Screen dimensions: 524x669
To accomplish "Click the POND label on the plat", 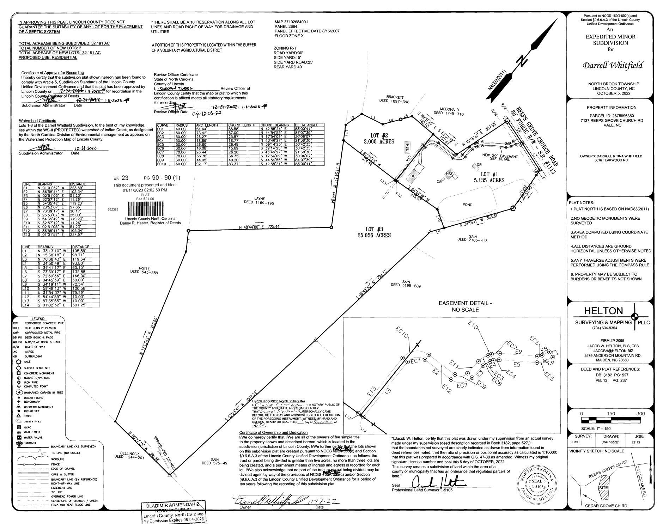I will click(x=467, y=205).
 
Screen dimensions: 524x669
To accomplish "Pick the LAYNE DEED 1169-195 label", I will click(x=259, y=201).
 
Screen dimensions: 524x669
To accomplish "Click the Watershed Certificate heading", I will click(x=37, y=121).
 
